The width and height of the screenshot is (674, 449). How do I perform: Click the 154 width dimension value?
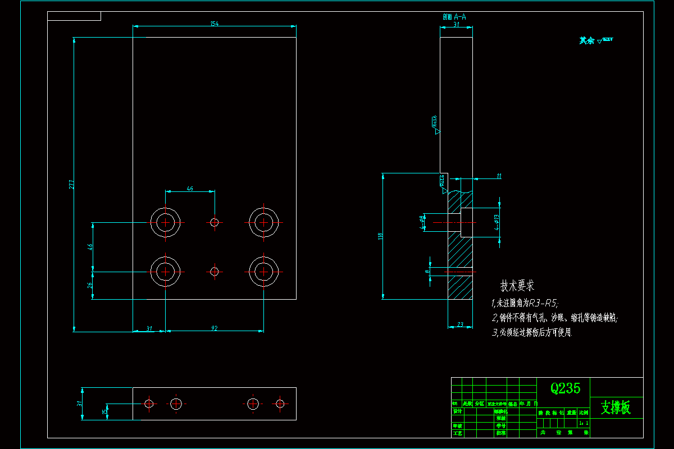tap(214, 24)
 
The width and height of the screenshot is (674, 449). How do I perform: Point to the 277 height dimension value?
tap(71, 184)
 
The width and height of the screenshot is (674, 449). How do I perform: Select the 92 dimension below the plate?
tap(215, 328)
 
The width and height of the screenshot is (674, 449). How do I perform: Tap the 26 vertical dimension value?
tap(90, 285)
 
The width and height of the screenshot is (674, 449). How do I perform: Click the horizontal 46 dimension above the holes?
tap(190, 189)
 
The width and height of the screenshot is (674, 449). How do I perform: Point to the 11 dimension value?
tap(499, 176)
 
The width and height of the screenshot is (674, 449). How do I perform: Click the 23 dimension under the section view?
tap(460, 324)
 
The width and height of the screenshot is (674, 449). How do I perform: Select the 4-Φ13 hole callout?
tap(496, 223)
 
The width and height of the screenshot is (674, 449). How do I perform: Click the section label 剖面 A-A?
tap(454, 17)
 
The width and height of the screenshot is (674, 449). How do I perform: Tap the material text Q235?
tap(565, 388)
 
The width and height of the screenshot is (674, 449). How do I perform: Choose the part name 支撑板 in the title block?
tap(616, 407)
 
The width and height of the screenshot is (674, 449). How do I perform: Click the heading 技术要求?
tap(517, 286)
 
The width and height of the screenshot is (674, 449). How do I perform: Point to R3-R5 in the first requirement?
tap(543, 303)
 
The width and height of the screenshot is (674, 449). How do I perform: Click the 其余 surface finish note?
tap(587, 40)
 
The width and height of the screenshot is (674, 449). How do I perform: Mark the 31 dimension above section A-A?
tap(456, 25)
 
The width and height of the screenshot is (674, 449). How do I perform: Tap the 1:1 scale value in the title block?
tap(584, 423)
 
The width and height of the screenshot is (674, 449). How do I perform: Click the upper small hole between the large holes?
tap(213, 222)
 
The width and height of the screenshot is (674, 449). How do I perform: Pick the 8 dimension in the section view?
tap(427, 271)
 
